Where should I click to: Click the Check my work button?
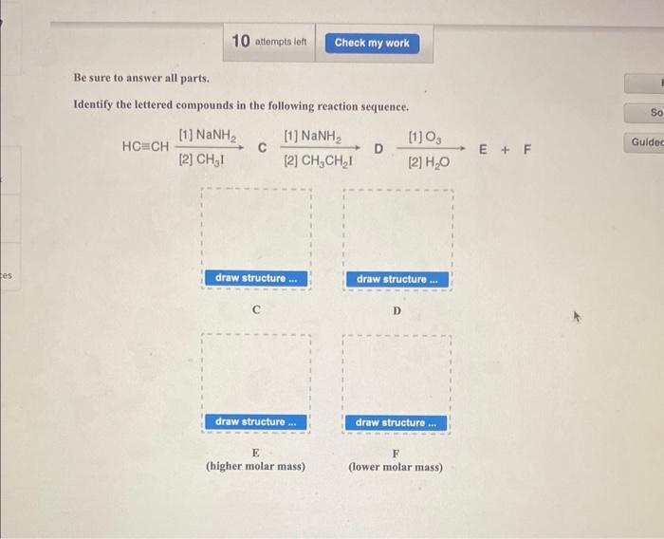click(x=372, y=43)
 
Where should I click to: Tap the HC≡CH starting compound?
click(x=146, y=148)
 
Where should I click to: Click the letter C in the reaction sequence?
click(x=263, y=146)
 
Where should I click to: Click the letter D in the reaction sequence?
click(x=377, y=149)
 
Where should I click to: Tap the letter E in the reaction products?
click(x=484, y=149)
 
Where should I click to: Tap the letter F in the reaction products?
click(x=527, y=149)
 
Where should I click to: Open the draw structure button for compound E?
click(x=255, y=421)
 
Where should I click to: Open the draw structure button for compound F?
click(x=397, y=422)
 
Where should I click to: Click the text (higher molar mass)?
click(x=255, y=467)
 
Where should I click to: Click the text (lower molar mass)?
click(x=396, y=467)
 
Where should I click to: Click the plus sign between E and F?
click(x=506, y=149)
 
